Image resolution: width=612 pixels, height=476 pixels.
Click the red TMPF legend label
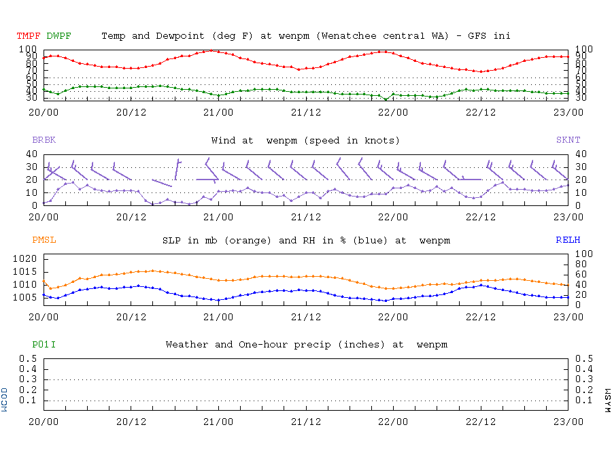(29, 35)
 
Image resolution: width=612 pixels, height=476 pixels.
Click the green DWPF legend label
(59, 35)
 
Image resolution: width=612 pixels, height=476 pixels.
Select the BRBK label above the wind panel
(44, 140)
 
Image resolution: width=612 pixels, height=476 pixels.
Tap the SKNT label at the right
(568, 140)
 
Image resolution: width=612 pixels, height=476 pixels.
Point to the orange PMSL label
(44, 240)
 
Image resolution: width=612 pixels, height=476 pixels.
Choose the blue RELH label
(568, 240)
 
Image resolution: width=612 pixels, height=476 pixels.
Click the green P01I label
(44, 345)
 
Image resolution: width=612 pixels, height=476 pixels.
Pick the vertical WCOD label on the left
(5, 400)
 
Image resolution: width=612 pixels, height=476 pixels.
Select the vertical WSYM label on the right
(607, 400)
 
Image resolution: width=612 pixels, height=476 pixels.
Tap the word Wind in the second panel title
(224, 140)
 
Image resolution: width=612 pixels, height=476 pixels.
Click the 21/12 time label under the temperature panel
(306, 112)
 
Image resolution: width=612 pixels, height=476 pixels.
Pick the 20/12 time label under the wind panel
(131, 217)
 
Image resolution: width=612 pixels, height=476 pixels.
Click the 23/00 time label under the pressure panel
(568, 317)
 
